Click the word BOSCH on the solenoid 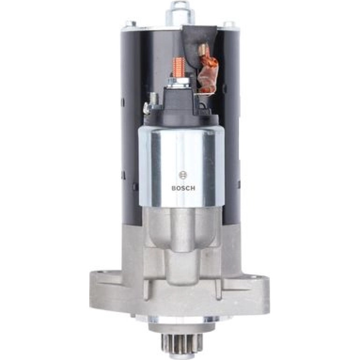183,188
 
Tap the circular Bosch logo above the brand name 183,175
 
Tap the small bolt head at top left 131,24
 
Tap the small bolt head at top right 229,24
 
